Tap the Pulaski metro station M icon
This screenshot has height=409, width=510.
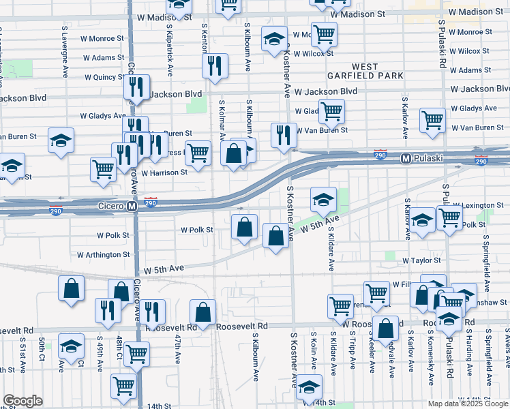click(x=405, y=158)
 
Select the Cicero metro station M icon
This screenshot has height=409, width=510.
click(x=133, y=206)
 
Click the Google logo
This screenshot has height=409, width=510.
click(x=22, y=401)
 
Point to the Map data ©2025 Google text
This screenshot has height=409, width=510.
click(x=468, y=404)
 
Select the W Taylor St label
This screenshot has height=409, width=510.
click(x=421, y=260)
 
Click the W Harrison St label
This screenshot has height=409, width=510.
click(x=164, y=173)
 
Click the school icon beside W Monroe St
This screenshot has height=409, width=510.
click(x=274, y=39)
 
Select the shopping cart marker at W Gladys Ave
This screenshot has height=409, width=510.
click(x=331, y=110)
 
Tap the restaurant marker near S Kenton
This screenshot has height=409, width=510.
click(x=214, y=65)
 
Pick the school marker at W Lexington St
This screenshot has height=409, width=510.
click(x=323, y=198)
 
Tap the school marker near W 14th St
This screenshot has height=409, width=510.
click(x=309, y=387)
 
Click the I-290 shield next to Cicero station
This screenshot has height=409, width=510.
click(x=151, y=202)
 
